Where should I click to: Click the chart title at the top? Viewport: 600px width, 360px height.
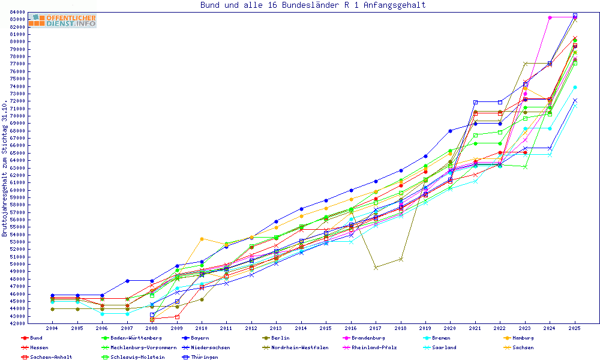[313, 5]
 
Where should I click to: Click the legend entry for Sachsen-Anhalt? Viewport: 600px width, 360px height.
[50, 357]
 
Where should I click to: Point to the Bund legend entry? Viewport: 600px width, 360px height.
[36, 338]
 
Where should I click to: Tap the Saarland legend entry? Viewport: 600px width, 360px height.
[443, 347]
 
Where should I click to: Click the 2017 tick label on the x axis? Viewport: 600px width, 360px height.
[376, 328]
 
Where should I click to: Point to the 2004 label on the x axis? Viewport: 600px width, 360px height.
[52, 328]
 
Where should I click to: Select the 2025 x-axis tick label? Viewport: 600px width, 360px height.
[575, 328]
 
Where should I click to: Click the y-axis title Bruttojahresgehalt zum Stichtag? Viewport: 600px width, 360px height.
[5, 168]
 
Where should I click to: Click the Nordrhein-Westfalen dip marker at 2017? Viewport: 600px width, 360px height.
[376, 268]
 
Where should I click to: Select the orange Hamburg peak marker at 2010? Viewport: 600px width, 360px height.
[202, 239]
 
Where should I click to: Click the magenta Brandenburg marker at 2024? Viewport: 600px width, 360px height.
[550, 17]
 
